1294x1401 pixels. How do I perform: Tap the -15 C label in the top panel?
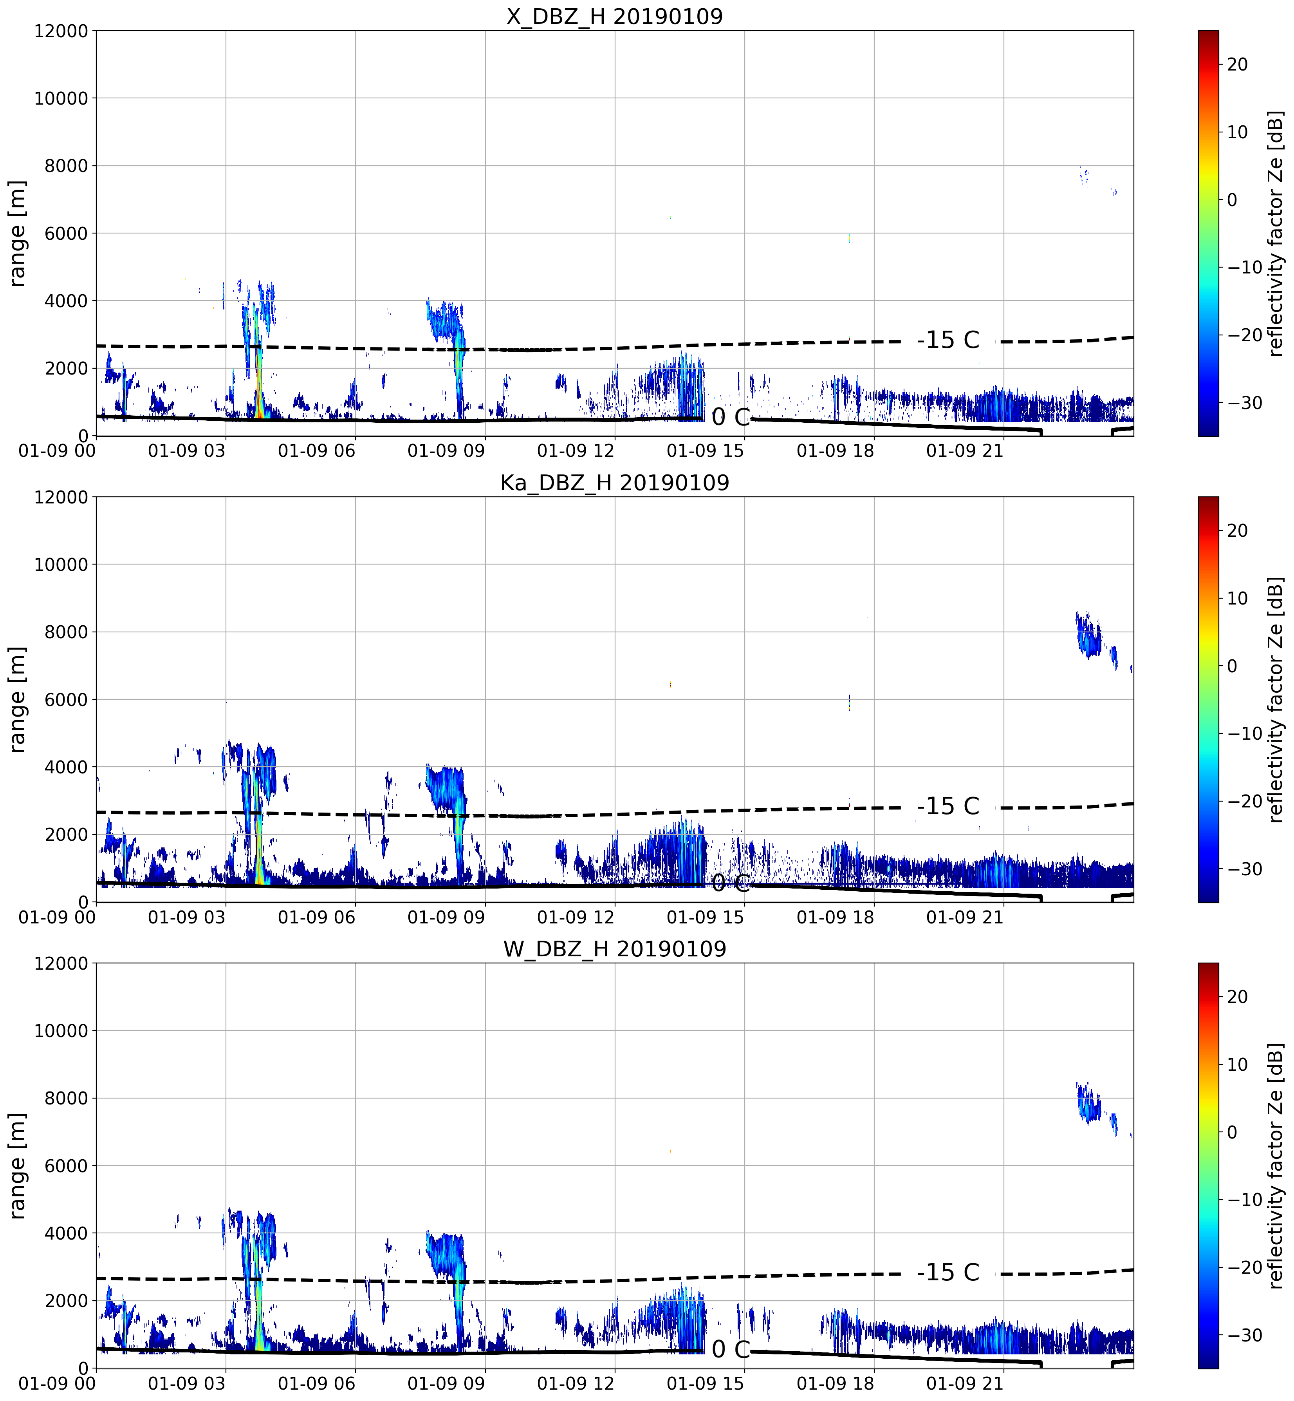(x=948, y=340)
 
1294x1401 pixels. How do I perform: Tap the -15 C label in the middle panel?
(x=948, y=806)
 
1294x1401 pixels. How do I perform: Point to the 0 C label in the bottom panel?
(x=730, y=1349)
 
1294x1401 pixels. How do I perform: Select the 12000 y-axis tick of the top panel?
(x=61, y=31)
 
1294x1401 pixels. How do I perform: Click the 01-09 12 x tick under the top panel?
(x=576, y=451)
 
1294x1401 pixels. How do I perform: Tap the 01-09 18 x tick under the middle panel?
(x=836, y=917)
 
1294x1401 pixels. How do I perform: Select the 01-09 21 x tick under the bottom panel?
(x=965, y=1383)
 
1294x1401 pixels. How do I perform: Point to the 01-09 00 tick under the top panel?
(x=58, y=451)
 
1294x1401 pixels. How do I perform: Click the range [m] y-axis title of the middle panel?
(x=17, y=699)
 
